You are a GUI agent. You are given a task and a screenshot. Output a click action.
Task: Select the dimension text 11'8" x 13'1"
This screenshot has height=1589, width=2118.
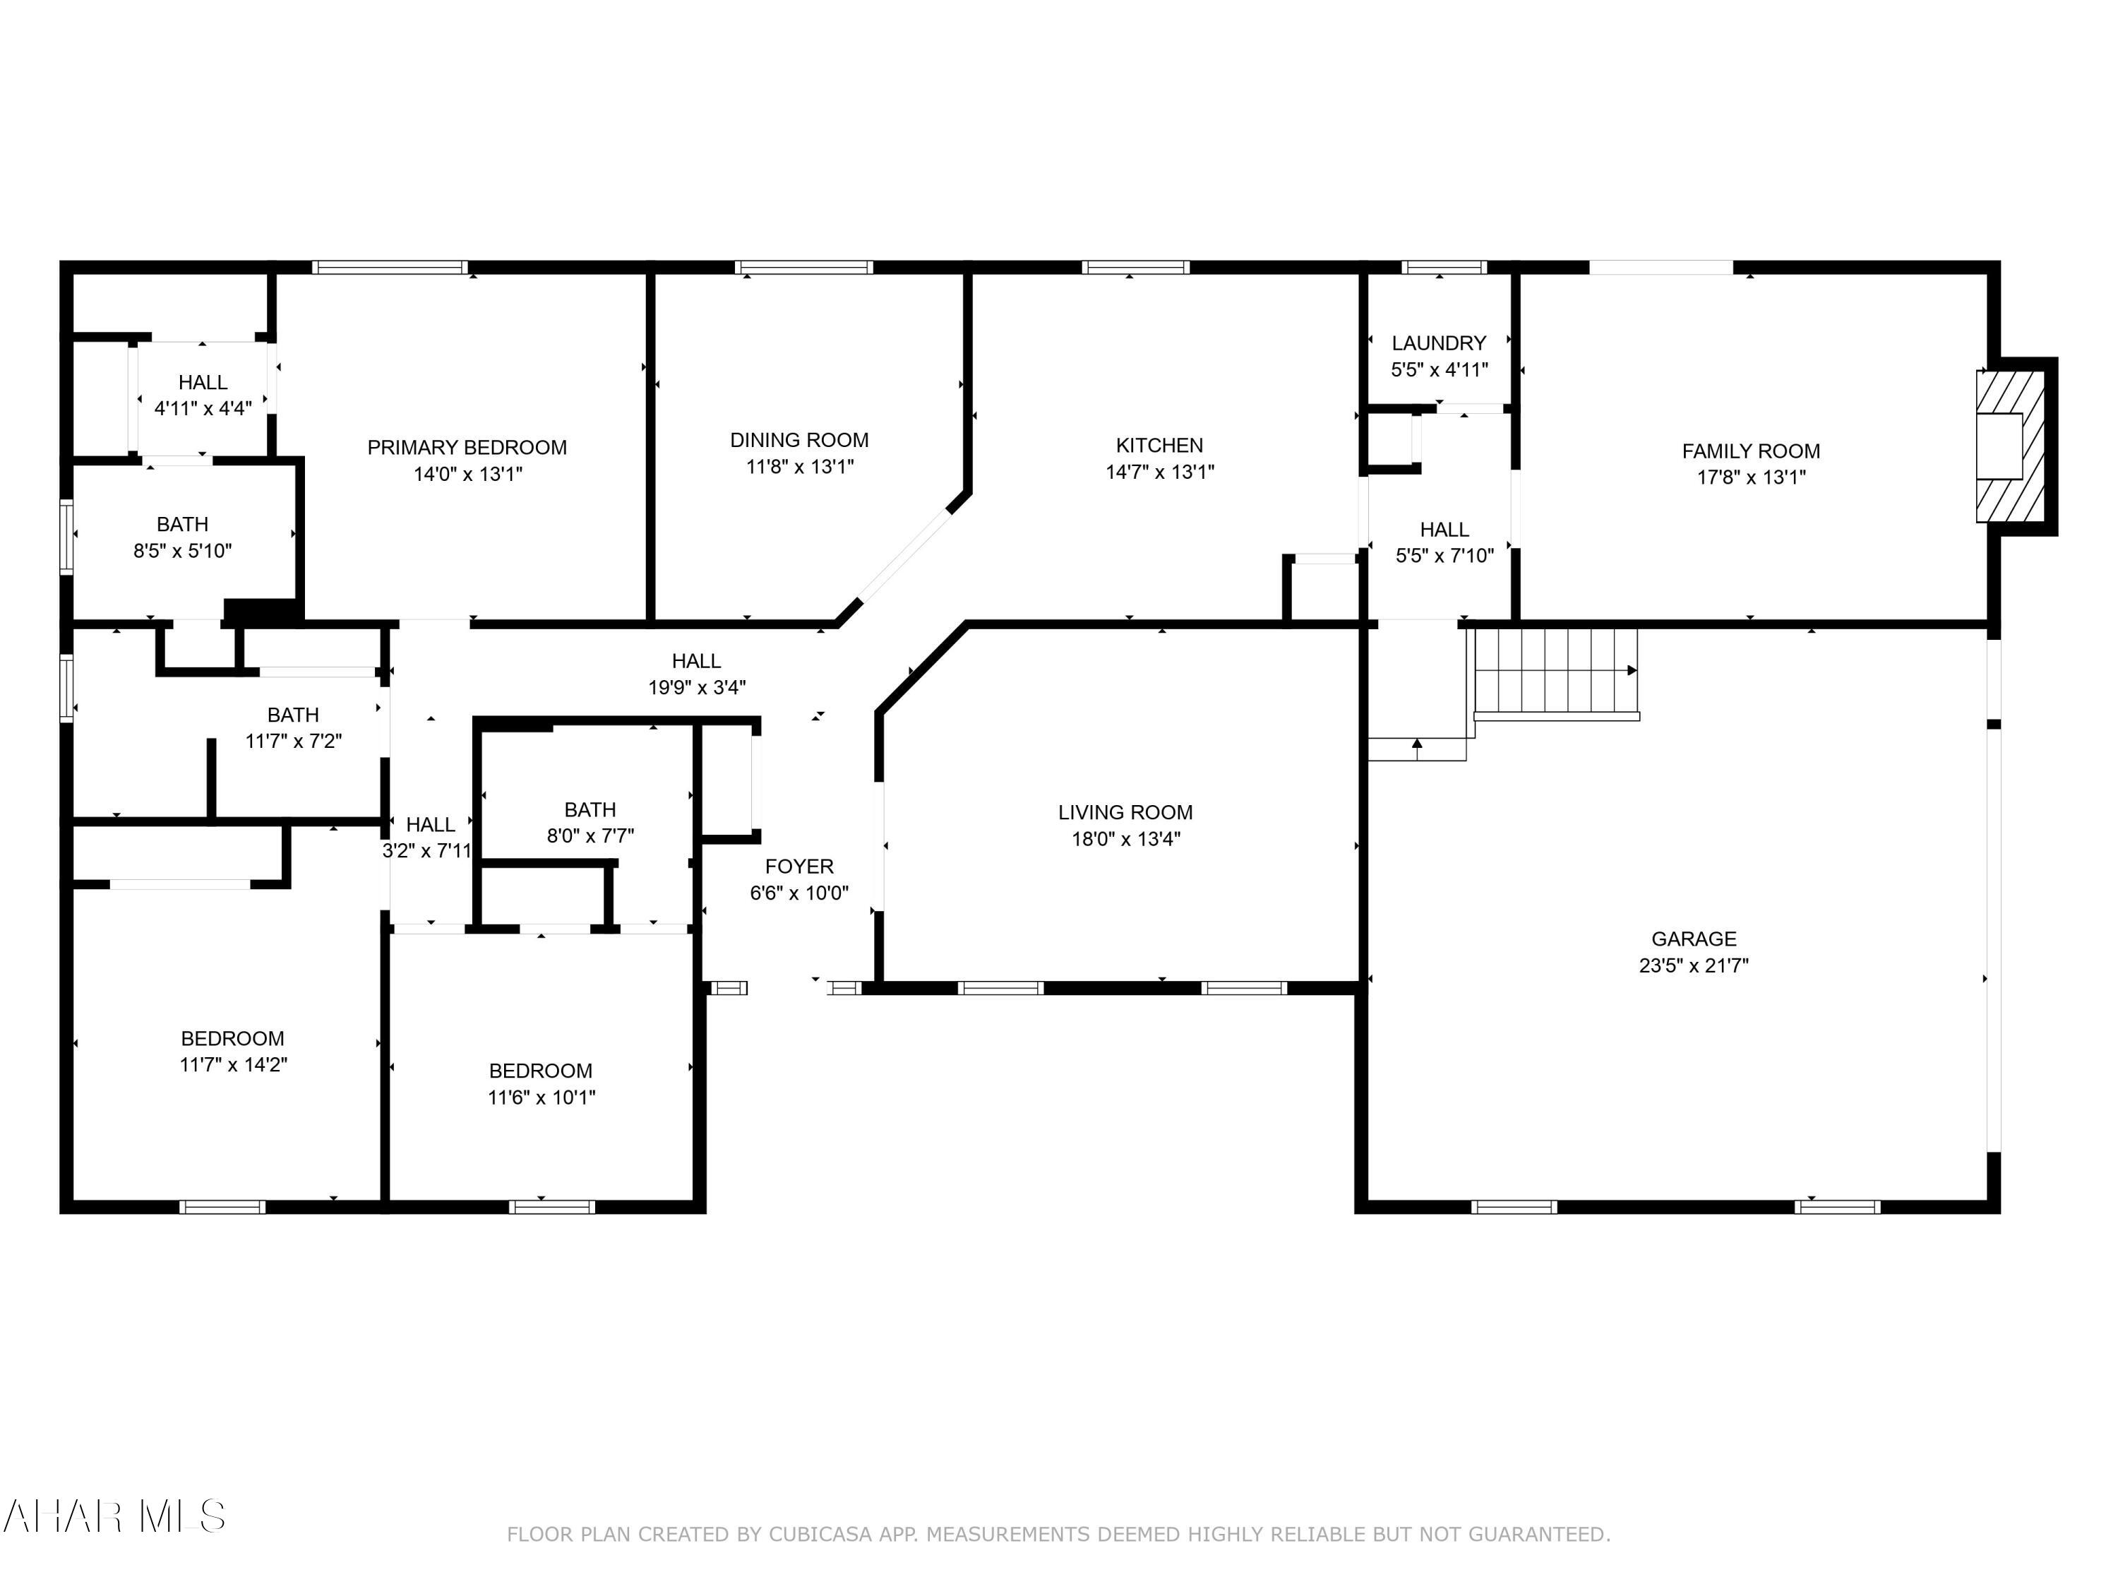point(799,466)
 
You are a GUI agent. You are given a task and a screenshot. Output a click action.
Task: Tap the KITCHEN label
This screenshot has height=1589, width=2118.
point(1159,446)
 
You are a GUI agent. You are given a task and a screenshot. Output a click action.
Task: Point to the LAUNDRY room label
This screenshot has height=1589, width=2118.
point(1438,343)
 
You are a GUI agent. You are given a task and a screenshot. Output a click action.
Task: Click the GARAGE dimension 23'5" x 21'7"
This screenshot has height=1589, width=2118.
point(1693,965)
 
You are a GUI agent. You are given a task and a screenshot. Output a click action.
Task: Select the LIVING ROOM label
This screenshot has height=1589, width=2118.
point(1125,812)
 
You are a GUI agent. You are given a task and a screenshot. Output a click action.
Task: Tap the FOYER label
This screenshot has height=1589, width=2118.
point(798,867)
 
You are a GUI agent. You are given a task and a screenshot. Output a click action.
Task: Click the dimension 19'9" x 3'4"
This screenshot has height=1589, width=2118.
point(696,686)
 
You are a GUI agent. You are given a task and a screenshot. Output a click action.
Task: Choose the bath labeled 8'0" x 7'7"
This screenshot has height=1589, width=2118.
point(590,823)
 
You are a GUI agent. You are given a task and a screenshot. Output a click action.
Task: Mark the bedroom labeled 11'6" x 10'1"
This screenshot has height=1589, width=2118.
point(541,1084)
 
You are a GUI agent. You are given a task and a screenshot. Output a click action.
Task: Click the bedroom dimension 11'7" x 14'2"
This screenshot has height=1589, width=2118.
point(233,1064)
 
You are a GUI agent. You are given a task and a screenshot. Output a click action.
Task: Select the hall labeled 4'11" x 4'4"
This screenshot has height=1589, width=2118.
point(203,395)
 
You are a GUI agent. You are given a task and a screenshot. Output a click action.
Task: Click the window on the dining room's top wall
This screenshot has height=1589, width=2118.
point(803,267)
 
